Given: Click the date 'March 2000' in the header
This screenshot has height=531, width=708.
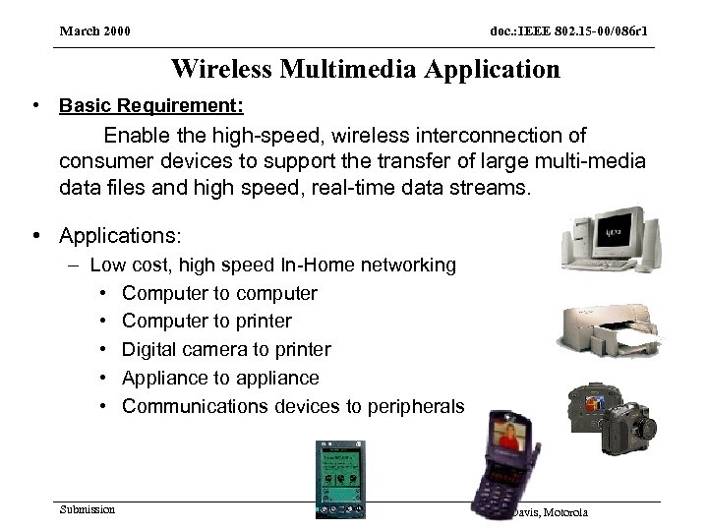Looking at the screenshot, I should tap(95, 31).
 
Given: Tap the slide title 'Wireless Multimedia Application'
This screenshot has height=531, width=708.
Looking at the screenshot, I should tap(365, 69).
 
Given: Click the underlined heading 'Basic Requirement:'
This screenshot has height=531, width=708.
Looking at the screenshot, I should tap(151, 104).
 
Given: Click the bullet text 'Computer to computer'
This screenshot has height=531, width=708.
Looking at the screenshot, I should tap(219, 293).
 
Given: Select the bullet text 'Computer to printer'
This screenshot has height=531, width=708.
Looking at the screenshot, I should tap(206, 322).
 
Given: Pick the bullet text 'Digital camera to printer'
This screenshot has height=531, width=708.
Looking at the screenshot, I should tap(226, 350).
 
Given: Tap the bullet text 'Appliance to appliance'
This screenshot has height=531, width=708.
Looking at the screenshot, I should tap(220, 379).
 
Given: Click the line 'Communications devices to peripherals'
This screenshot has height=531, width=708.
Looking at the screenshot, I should tap(292, 407).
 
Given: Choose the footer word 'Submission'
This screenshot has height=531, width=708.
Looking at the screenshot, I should tap(87, 509).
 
